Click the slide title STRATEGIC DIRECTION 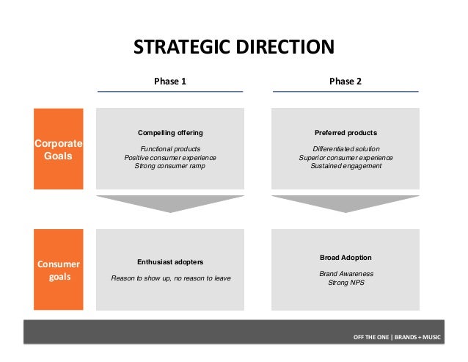click(233, 48)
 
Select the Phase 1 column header click(170, 82)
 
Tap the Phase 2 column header click(345, 82)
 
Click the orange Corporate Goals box click(58, 149)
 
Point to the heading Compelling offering click(170, 133)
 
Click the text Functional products click(170, 149)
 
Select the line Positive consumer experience click(170, 158)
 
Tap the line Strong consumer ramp click(170, 167)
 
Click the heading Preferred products click(345, 133)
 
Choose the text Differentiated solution click(345, 149)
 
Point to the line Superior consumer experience click(345, 158)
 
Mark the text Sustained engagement click(345, 167)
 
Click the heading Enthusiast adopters click(170, 261)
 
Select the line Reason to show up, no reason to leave click(170, 278)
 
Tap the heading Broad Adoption click(345, 258)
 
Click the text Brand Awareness click(345, 273)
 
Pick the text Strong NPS click(345, 282)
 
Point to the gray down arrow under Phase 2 click(345, 203)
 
